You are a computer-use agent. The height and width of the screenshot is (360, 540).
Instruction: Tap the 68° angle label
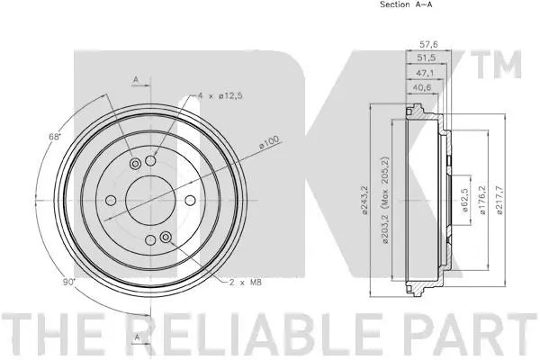pos(54,137)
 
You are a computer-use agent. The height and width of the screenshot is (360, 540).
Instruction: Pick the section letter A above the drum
pos(135,80)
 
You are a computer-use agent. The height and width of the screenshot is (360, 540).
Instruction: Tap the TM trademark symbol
pos(507,64)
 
